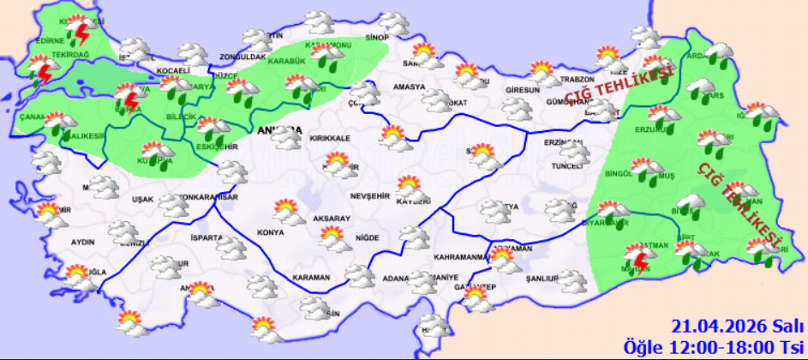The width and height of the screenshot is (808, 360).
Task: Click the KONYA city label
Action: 271,233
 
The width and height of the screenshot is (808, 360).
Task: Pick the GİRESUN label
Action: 523,90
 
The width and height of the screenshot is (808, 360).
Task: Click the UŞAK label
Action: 142,200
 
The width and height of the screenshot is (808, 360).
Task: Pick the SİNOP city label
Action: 377,38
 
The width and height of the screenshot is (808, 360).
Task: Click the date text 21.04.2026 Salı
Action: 734,326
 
